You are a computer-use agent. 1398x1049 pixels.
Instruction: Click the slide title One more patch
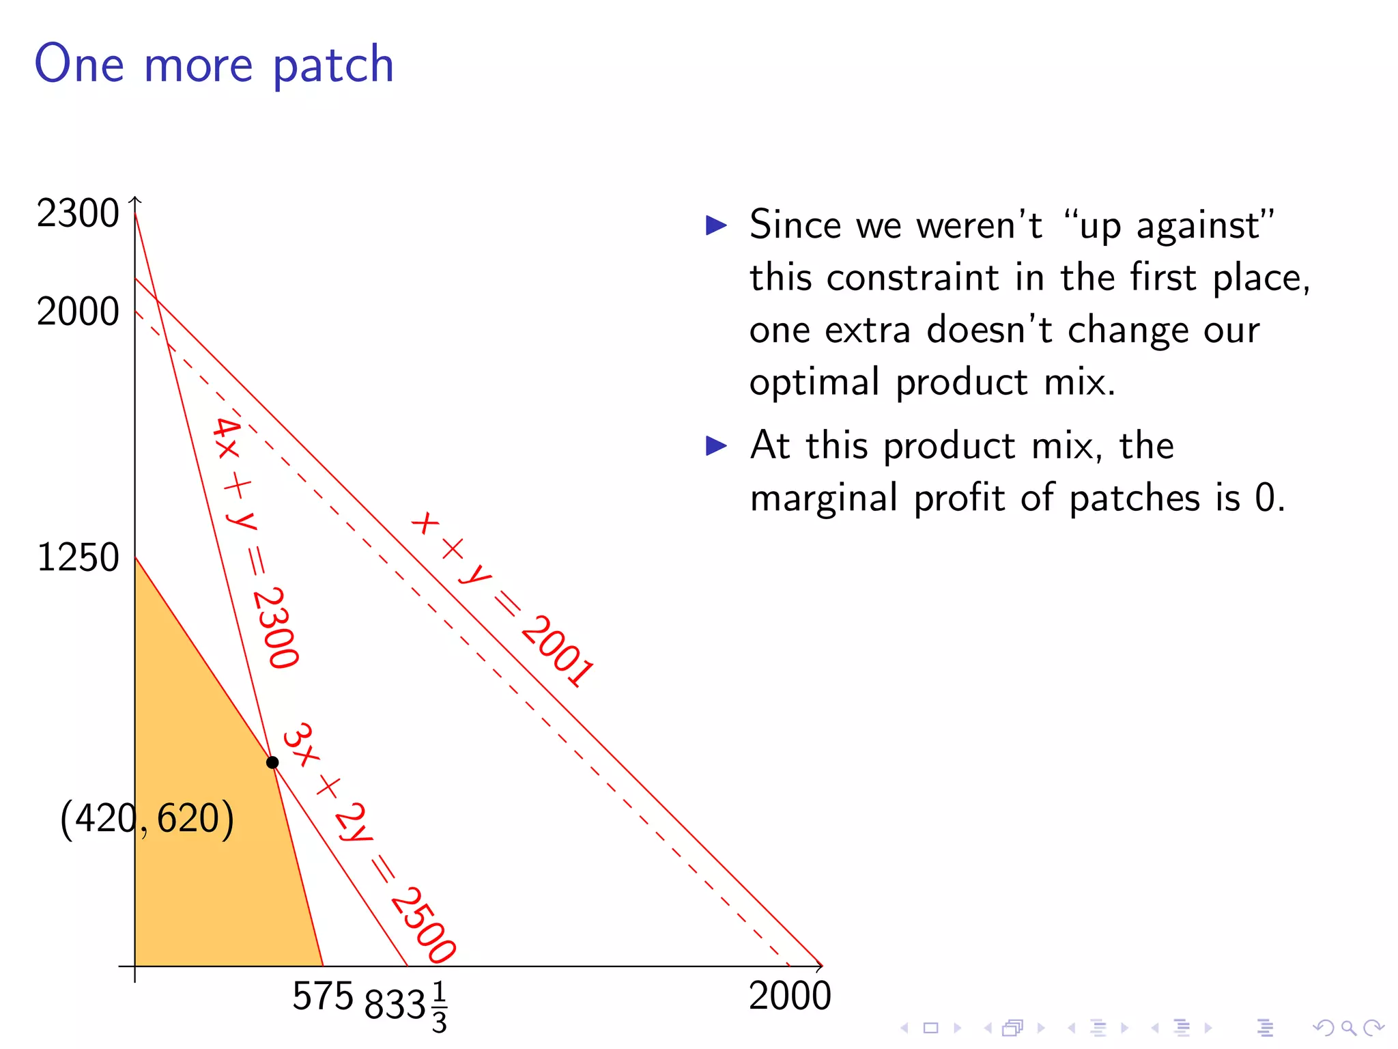click(x=214, y=64)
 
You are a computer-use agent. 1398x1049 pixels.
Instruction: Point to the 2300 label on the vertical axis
click(x=78, y=213)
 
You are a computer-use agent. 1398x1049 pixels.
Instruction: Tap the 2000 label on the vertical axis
click(x=78, y=312)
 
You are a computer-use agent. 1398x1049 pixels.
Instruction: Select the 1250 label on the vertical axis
click(x=78, y=557)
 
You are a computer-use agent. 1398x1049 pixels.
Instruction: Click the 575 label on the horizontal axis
click(x=322, y=996)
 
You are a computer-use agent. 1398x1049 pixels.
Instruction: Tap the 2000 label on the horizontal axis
click(x=790, y=996)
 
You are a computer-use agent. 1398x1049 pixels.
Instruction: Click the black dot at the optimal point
click(x=272, y=762)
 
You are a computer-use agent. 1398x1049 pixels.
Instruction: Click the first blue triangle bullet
click(x=716, y=225)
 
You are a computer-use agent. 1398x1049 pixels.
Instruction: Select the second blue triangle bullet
click(x=716, y=446)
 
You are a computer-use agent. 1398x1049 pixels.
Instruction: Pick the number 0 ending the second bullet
click(x=1264, y=498)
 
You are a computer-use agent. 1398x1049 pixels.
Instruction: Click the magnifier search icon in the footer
click(x=1348, y=1027)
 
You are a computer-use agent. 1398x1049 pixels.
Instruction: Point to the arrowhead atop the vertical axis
click(x=135, y=199)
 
